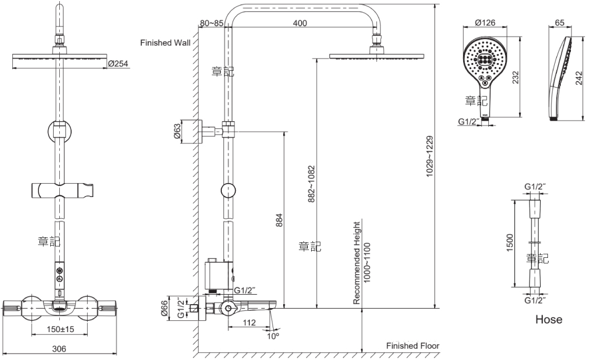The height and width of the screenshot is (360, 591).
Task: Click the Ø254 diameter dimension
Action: [x=118, y=64]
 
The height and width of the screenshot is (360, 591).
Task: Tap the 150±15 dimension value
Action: [x=60, y=329]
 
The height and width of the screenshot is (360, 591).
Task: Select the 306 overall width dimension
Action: [x=59, y=349]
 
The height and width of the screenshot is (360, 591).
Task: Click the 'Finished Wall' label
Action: [x=165, y=43]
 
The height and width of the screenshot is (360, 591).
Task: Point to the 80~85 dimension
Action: [x=212, y=23]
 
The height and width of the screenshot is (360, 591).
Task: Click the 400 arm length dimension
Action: [x=300, y=23]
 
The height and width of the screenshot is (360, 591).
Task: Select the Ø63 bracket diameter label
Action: [x=177, y=131]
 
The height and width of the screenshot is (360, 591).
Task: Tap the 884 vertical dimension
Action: [x=279, y=220]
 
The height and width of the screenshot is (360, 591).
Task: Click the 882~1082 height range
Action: [x=311, y=184]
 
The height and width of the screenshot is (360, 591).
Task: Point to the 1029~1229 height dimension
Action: [x=430, y=156]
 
